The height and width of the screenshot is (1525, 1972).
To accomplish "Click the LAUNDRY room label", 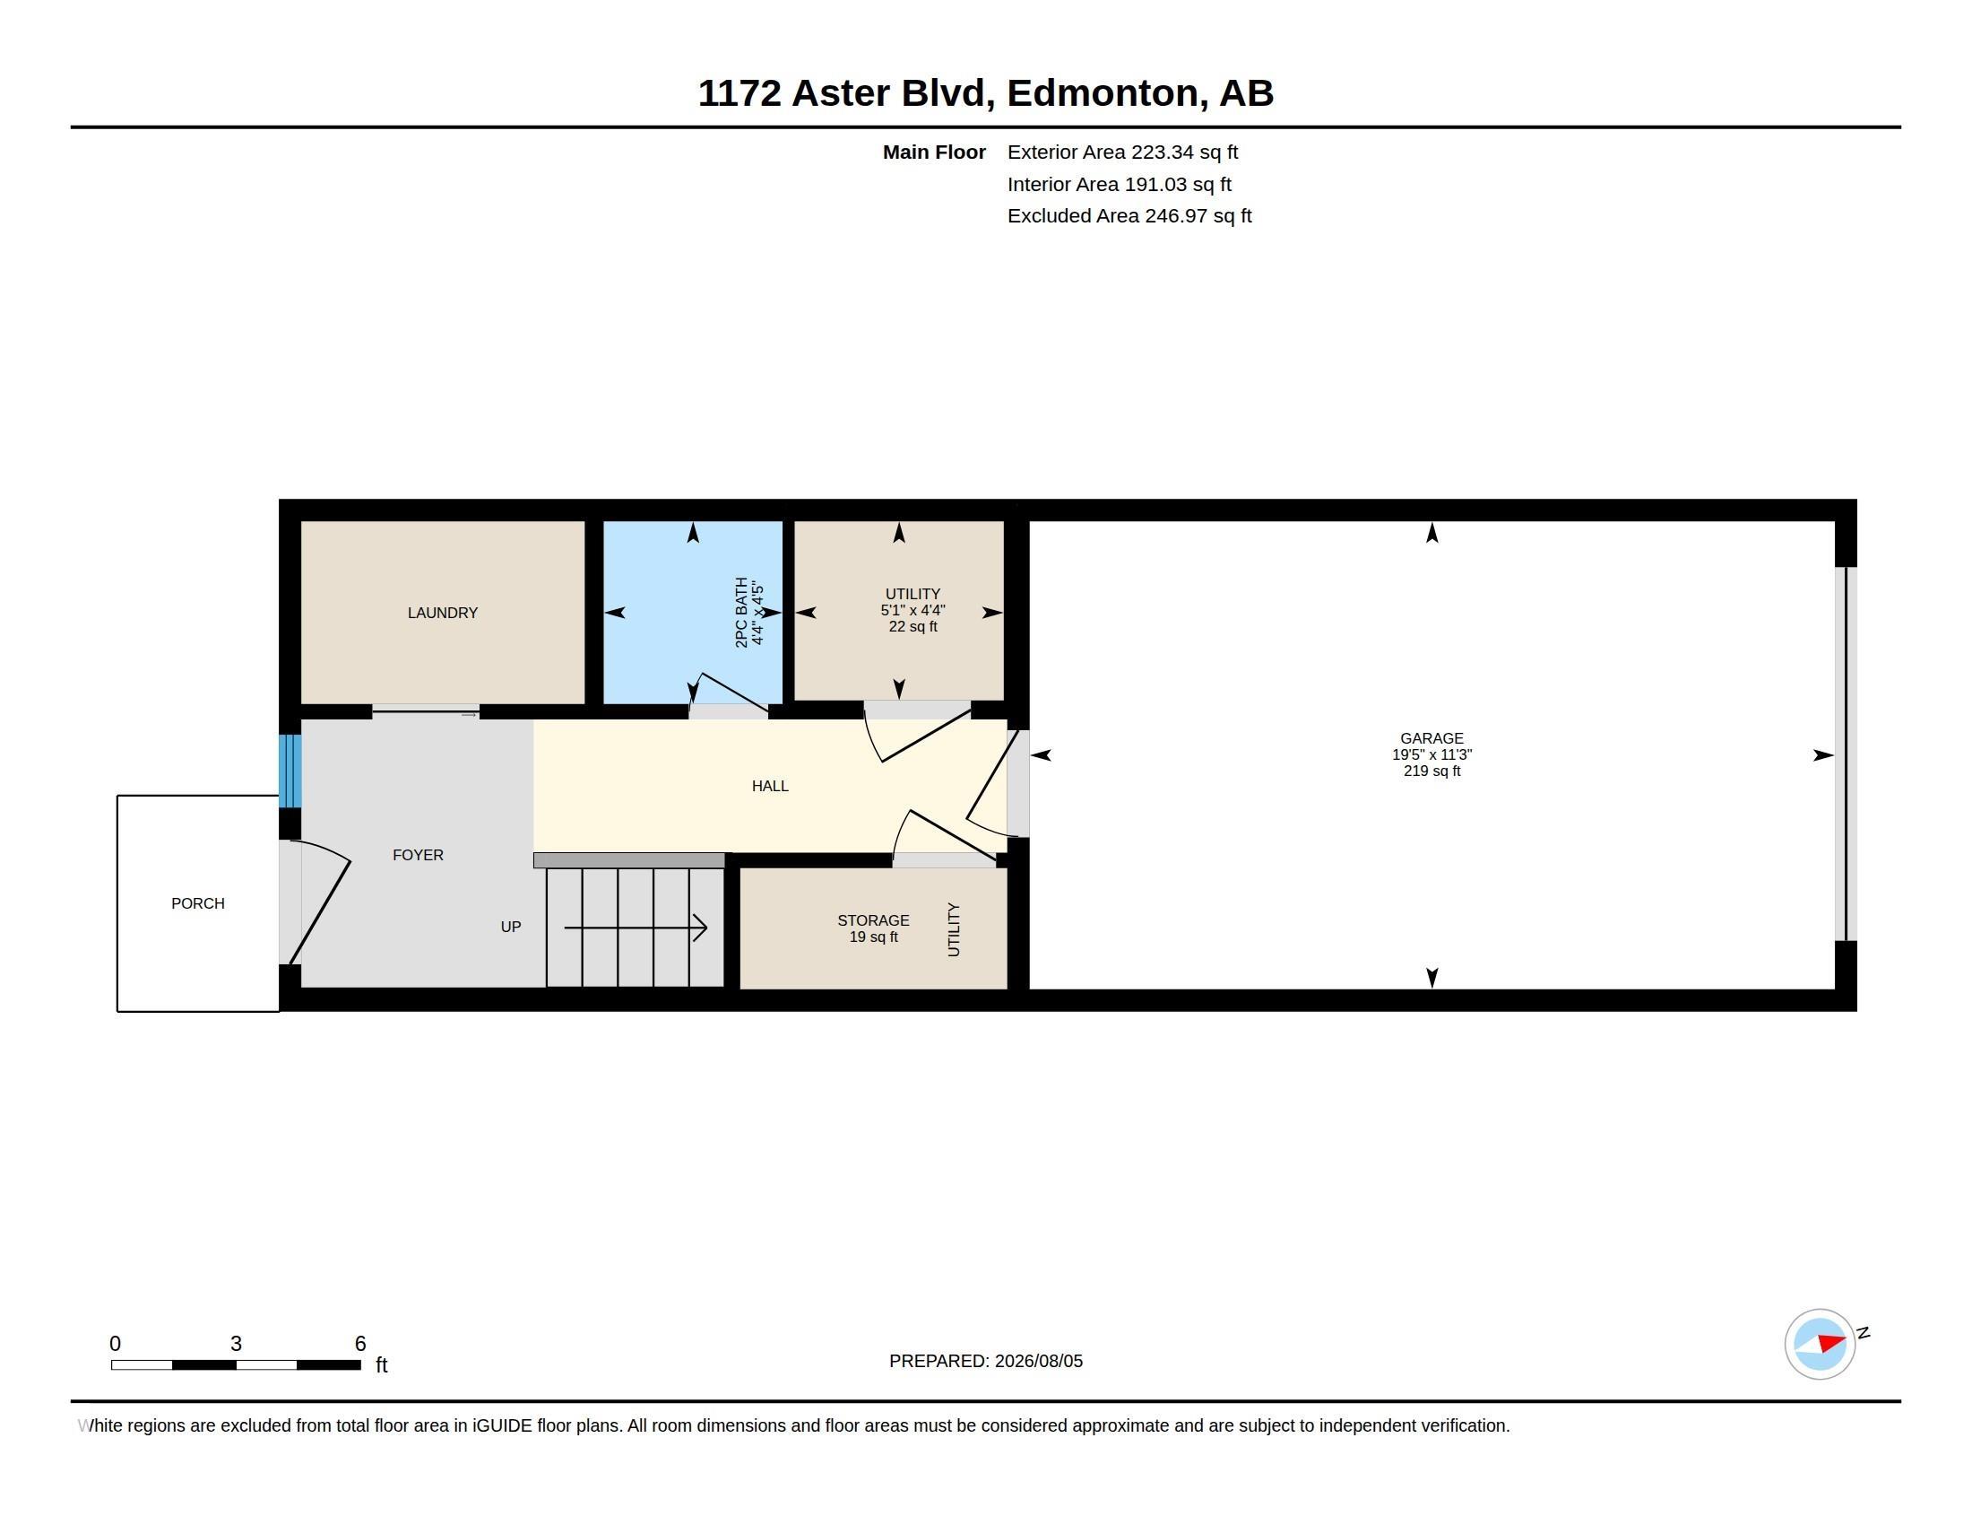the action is tap(443, 613).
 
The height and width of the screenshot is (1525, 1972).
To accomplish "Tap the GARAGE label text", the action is tap(1431, 738).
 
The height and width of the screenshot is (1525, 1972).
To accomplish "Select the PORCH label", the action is tap(198, 903).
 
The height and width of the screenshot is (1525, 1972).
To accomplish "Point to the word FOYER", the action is tap(418, 855).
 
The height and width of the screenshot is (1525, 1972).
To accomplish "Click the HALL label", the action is tap(770, 786).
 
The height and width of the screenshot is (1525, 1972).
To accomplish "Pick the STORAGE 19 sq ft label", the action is tap(873, 928).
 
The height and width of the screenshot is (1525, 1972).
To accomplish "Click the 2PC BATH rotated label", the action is tap(741, 613).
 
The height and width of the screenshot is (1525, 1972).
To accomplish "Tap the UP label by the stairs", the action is tap(511, 927).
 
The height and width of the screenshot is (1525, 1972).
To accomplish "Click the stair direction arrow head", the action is tap(700, 928).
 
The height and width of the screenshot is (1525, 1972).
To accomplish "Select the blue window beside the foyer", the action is tap(290, 771).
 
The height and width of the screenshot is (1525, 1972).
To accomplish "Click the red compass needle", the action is tap(1832, 1343).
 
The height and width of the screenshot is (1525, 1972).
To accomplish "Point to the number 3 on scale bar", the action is tap(236, 1344).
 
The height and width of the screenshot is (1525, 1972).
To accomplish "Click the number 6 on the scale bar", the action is tap(360, 1344).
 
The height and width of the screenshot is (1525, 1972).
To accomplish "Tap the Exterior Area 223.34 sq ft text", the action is tap(1122, 152).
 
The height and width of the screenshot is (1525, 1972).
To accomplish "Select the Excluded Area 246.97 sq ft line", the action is tap(1129, 216).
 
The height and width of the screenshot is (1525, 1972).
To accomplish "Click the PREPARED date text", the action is tap(986, 1362).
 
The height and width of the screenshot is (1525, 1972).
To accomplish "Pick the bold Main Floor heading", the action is tap(934, 152).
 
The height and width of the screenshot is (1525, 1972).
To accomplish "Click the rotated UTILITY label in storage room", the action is tap(954, 929).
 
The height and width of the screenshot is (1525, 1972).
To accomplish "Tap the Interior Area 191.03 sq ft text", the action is tap(1119, 184).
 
